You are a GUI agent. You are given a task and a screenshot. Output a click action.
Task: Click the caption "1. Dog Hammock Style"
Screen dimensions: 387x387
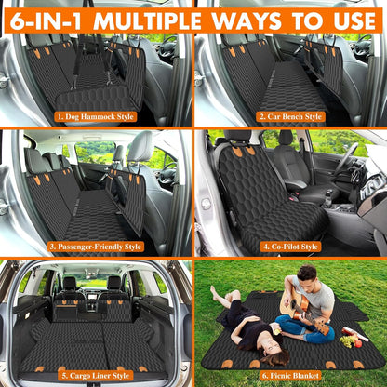point(95,117)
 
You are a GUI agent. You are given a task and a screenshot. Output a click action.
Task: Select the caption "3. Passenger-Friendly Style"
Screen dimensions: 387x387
point(95,247)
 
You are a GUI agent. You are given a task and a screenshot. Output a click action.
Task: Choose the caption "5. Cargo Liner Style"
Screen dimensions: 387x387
point(95,376)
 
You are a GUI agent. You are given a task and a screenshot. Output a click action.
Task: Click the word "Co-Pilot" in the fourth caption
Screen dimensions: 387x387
point(290,247)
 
